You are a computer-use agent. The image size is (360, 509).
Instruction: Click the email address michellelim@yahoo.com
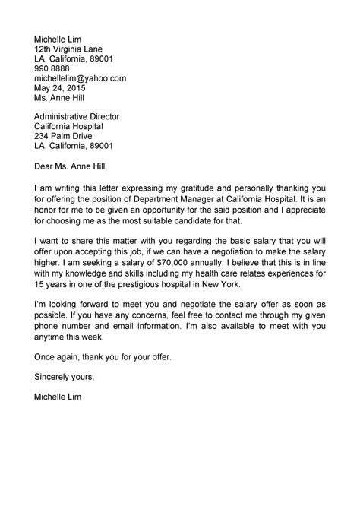[80, 78]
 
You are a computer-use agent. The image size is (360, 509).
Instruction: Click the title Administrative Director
[77, 116]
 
